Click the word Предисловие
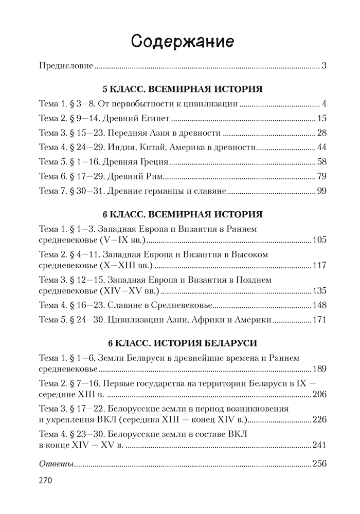(x=66, y=66)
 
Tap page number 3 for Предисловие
(x=324, y=66)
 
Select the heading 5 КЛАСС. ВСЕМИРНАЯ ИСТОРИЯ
(x=183, y=89)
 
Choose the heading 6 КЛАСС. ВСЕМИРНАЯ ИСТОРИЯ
(x=183, y=214)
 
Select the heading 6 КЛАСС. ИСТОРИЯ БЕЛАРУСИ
(x=183, y=343)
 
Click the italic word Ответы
(x=56, y=463)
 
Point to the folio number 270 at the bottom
(x=48, y=483)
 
